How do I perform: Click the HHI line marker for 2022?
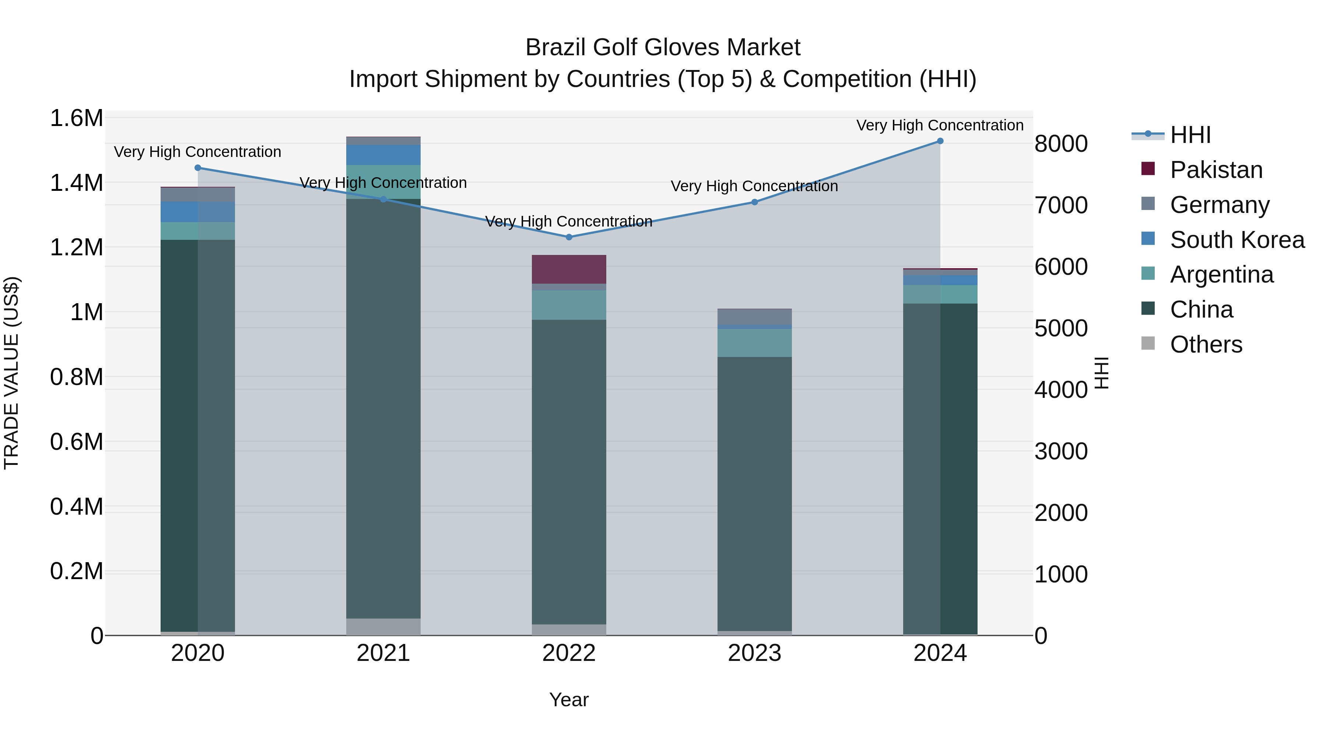pos(569,237)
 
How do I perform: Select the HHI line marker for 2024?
pos(940,141)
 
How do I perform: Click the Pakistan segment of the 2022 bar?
pos(569,269)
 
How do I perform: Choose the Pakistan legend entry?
pos(1215,170)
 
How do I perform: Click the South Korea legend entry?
pos(1236,240)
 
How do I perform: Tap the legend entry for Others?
pos(1206,344)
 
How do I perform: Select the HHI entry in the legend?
pos(1190,135)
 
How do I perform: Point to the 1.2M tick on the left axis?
pos(76,248)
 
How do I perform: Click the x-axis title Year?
pos(569,700)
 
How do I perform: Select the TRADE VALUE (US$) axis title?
pos(11,373)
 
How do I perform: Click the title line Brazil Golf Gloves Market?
pos(663,48)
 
